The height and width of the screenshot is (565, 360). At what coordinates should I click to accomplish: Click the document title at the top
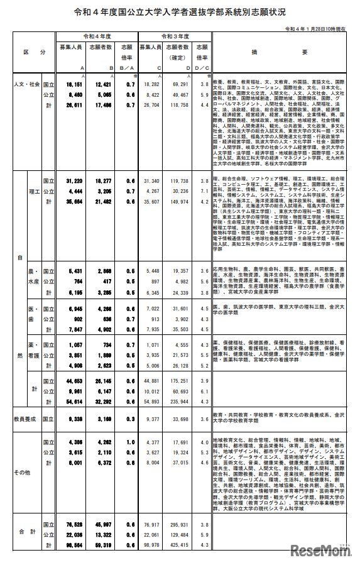coord(180,12)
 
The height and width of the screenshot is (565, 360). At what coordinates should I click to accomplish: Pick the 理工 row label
coord(34,190)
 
